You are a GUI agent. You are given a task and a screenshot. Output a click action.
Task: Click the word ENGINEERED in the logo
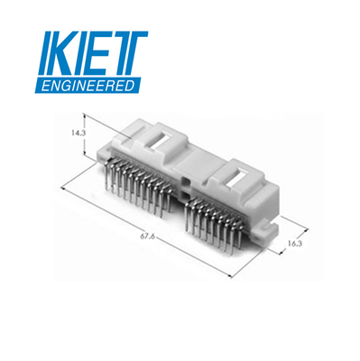pos(88,86)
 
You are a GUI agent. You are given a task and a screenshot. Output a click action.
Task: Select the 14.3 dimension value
pos(78,133)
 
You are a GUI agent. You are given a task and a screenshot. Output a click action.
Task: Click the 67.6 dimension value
pos(147,236)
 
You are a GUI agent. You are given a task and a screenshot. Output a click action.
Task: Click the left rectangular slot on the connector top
pos(161,140)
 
